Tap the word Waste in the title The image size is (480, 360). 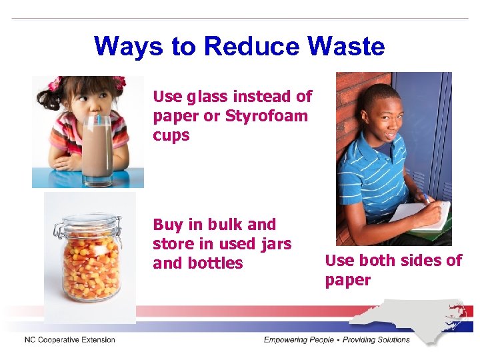[x=347, y=47]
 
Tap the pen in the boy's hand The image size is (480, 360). [x=424, y=198]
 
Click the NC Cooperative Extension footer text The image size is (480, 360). [x=70, y=340]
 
